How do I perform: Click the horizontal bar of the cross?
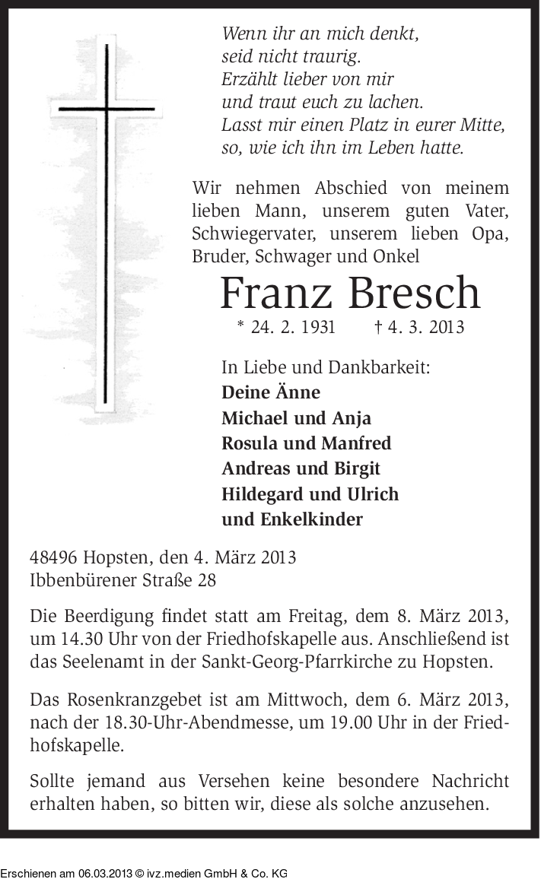[x=107, y=109]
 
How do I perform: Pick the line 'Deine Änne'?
[x=270, y=393]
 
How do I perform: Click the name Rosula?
[x=249, y=443]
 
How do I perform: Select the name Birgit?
[x=355, y=468]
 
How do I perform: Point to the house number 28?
[x=206, y=580]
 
